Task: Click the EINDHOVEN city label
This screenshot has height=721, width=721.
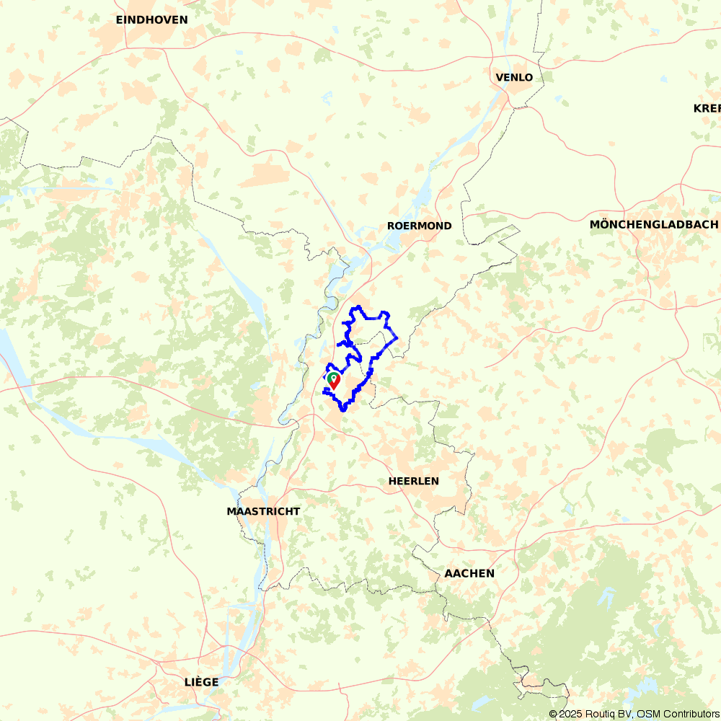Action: tap(151, 20)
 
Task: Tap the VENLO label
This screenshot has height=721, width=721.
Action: tap(514, 78)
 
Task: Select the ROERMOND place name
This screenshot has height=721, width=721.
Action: tap(420, 226)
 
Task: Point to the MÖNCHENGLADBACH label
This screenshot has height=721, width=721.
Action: tap(654, 224)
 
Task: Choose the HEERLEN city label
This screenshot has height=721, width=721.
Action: tap(413, 481)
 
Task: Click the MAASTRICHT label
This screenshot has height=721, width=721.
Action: tap(263, 511)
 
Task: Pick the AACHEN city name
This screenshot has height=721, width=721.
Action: tap(469, 573)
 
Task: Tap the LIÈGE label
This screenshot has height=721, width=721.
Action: tap(201, 682)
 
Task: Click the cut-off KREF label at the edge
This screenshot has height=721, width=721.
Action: tap(707, 108)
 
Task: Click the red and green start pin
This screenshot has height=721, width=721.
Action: tap(333, 380)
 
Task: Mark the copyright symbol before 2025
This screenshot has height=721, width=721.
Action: tap(554, 714)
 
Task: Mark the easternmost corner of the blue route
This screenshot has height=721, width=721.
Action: tap(397, 338)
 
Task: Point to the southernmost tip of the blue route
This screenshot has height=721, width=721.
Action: tap(342, 410)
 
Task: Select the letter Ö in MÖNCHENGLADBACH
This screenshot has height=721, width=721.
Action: tap(604, 224)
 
